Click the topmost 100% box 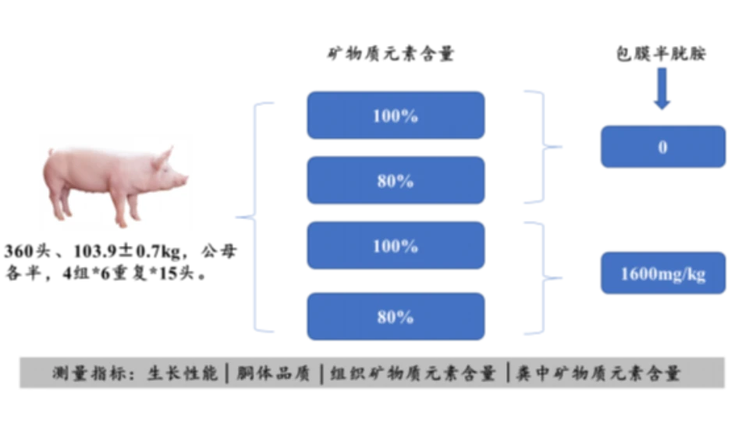[395, 115]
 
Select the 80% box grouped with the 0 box [395, 180]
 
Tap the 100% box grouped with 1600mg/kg [395, 246]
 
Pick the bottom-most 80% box [395, 316]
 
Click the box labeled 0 [662, 146]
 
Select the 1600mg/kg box [662, 273]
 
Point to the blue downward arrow [662, 87]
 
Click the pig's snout [185, 180]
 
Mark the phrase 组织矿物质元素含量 [413, 373]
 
